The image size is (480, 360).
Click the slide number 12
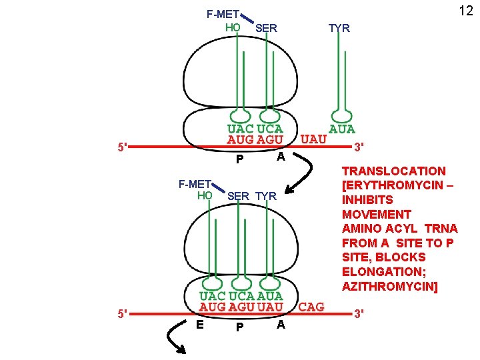point(465,11)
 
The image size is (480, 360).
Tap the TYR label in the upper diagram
point(339,28)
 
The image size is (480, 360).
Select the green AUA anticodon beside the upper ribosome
point(343,129)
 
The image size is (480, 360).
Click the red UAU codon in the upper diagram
point(313,139)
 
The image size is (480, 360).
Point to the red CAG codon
point(311,307)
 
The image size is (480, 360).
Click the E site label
point(199,324)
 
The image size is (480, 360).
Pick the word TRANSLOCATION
point(393,171)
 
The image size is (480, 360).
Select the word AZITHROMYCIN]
point(390,286)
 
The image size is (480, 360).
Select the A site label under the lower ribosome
point(281,324)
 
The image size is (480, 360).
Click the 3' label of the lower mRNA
point(359,313)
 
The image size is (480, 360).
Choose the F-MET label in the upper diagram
point(223,13)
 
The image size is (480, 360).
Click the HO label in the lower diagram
point(205,195)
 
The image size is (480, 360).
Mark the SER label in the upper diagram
point(266,28)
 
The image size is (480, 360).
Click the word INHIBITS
point(367,200)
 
